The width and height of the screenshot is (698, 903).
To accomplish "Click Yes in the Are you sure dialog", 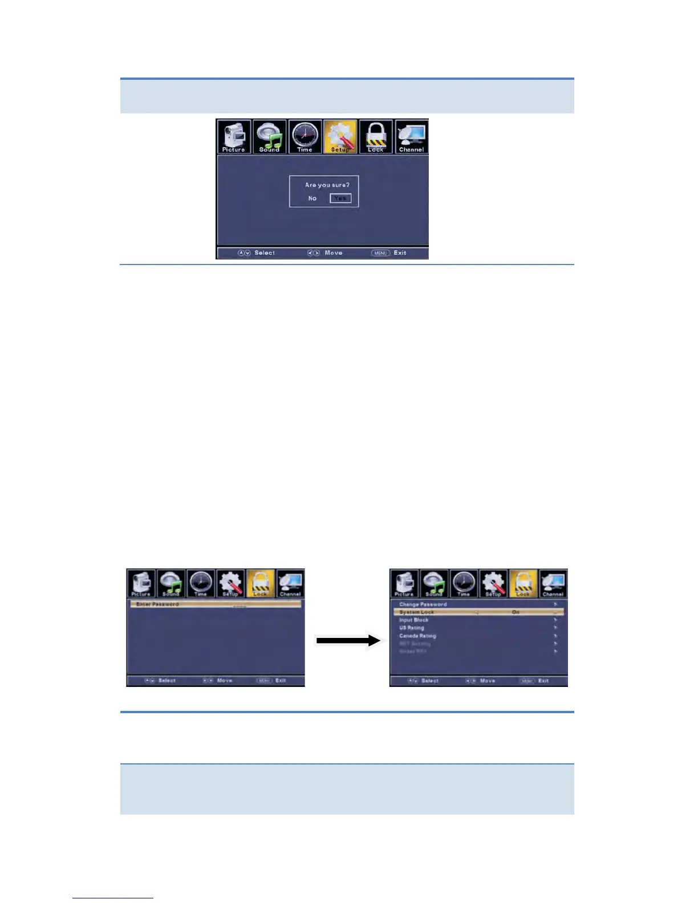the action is [x=340, y=198].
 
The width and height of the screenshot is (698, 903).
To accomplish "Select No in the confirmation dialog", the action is [x=312, y=198].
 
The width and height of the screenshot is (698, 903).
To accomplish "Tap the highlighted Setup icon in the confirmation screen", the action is [x=340, y=136].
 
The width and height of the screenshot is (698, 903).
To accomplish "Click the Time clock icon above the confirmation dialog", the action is [x=305, y=136].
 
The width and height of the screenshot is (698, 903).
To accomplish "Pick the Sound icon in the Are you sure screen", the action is [x=269, y=136].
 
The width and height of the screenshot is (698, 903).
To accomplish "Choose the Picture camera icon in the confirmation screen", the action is [x=234, y=136].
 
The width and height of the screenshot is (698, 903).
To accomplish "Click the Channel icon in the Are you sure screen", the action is [x=411, y=136].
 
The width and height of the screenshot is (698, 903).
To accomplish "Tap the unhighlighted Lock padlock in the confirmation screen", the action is [x=376, y=136].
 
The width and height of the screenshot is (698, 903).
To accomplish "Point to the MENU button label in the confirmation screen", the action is [x=380, y=253].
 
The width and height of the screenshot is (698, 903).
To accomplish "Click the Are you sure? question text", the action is [x=327, y=185].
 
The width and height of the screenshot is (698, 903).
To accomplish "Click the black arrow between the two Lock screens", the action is [x=348, y=641].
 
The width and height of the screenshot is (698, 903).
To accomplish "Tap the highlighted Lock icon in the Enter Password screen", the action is [x=260, y=583].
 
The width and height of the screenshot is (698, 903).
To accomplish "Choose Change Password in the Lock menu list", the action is [x=423, y=604].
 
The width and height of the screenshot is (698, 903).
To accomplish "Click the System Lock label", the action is [x=417, y=612].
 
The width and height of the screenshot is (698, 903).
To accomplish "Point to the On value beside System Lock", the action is [x=516, y=612].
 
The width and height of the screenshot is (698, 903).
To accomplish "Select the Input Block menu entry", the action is [x=414, y=620].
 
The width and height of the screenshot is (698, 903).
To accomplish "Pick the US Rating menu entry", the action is [x=412, y=628].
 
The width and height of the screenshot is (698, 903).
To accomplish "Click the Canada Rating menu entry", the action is [x=417, y=636].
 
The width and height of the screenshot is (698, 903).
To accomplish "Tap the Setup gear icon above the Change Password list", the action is [x=493, y=583].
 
